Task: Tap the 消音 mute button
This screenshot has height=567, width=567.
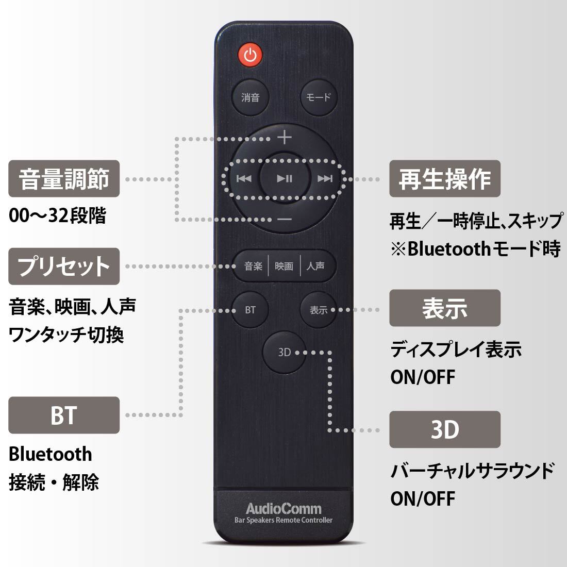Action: [250, 97]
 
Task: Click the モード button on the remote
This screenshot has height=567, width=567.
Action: [319, 97]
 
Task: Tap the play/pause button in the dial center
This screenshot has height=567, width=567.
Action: [285, 178]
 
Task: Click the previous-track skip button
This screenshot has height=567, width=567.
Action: [244, 178]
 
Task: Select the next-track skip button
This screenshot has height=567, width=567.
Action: [325, 178]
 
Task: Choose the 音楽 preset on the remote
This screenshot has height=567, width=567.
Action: [253, 266]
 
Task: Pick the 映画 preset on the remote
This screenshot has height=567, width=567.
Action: [284, 266]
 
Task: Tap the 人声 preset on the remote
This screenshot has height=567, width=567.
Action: [315, 266]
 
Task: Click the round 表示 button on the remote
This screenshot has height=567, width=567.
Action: [319, 310]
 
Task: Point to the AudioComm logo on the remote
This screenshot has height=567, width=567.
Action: [283, 509]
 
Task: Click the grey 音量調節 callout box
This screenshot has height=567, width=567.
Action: [64, 179]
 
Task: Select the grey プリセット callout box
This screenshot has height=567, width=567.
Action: [64, 266]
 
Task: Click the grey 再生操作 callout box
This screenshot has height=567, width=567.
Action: [445, 179]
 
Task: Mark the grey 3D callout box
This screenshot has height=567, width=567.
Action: [445, 429]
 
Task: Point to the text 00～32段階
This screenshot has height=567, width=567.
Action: [58, 215]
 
